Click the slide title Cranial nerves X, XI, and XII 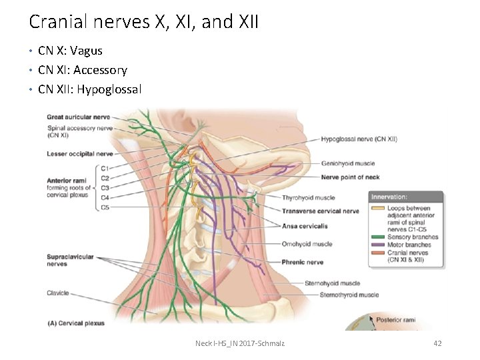pos(143,22)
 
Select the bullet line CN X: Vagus pos(70,51)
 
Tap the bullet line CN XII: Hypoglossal pos(89,89)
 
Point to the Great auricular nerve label pos(78,117)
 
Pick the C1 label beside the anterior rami pos(105,169)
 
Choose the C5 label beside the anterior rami pos(105,207)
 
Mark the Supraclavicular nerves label pos(70,260)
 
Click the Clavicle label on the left pos(58,293)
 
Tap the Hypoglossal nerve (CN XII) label pos(359,139)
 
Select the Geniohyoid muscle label pos(347,163)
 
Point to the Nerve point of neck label pos(350,177)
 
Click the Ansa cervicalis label pos(305,226)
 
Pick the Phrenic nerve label pos(302,262)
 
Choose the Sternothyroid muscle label pos(349,295)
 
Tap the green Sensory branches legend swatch pos(378,237)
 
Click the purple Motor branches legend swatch pos(378,245)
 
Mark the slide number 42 pos(437,343)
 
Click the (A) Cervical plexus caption pos(75,323)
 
